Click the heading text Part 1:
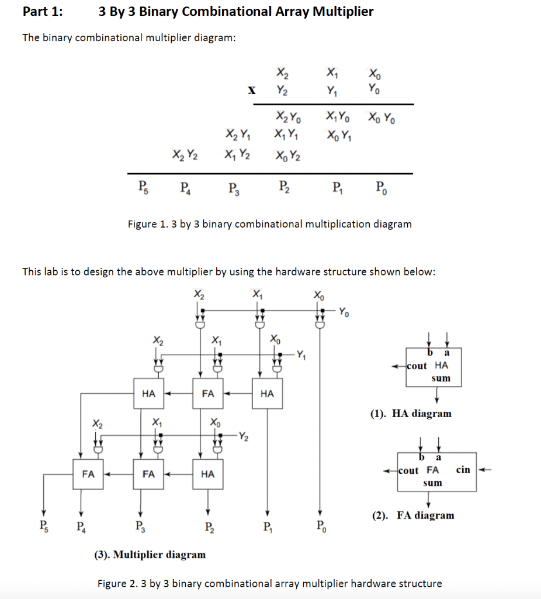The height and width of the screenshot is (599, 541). (x=43, y=12)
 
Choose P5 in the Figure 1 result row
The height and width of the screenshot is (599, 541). (x=143, y=188)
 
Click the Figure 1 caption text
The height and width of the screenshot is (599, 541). (x=269, y=224)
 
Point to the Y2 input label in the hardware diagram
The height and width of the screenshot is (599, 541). (x=242, y=436)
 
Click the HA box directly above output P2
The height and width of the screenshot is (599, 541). (x=207, y=474)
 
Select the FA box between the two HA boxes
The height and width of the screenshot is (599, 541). (x=207, y=394)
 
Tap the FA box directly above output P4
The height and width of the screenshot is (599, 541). (x=88, y=474)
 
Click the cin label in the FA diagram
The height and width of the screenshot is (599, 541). (x=463, y=470)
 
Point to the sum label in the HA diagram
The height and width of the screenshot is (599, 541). (x=441, y=378)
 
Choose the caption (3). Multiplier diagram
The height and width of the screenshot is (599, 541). (x=150, y=555)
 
